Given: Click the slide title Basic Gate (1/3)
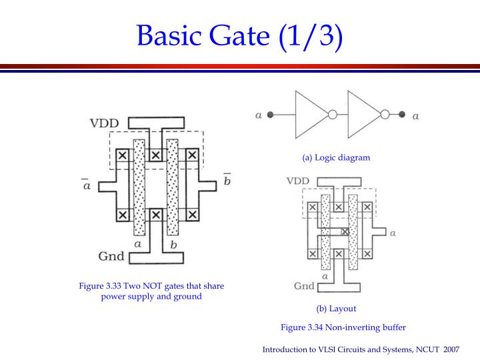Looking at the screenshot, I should point(241,33).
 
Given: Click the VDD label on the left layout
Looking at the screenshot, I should point(105,123).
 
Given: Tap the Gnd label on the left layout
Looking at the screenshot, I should point(111,256).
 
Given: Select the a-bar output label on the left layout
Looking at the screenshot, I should point(87,183).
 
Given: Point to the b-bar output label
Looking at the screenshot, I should point(227,181).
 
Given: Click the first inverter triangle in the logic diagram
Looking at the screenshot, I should point(308,115).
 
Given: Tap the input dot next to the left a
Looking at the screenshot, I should point(270,115).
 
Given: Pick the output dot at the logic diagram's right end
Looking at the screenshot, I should point(402,115).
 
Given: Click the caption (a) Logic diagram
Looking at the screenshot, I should point(335,158).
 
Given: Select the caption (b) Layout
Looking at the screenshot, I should point(336,309).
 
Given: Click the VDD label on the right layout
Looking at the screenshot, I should point(297,181).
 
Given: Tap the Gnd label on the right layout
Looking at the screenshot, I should point(304,286).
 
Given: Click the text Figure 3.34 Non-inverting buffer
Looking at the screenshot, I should point(343,327).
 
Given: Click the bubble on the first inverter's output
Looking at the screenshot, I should point(332,115).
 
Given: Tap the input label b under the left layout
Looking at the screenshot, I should point(174,245).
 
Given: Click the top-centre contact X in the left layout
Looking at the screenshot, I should point(155,155).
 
